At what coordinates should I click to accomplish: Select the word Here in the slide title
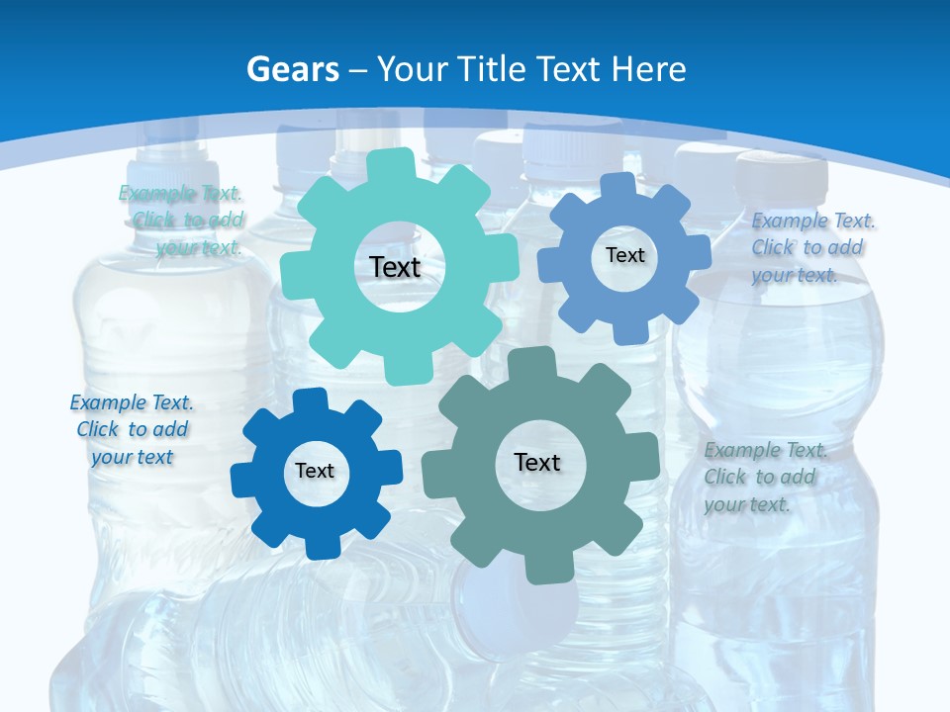coord(648,69)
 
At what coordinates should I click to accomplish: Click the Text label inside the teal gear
coord(395,267)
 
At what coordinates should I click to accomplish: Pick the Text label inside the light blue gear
coord(624,255)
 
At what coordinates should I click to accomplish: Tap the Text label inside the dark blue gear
coord(315,472)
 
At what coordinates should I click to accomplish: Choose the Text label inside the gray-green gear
coord(537,463)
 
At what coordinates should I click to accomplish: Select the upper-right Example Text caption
coord(811,247)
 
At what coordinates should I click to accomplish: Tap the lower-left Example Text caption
coord(132,430)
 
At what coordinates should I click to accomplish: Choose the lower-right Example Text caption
coord(764,477)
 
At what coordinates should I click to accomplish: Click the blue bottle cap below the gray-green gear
coord(515,608)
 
